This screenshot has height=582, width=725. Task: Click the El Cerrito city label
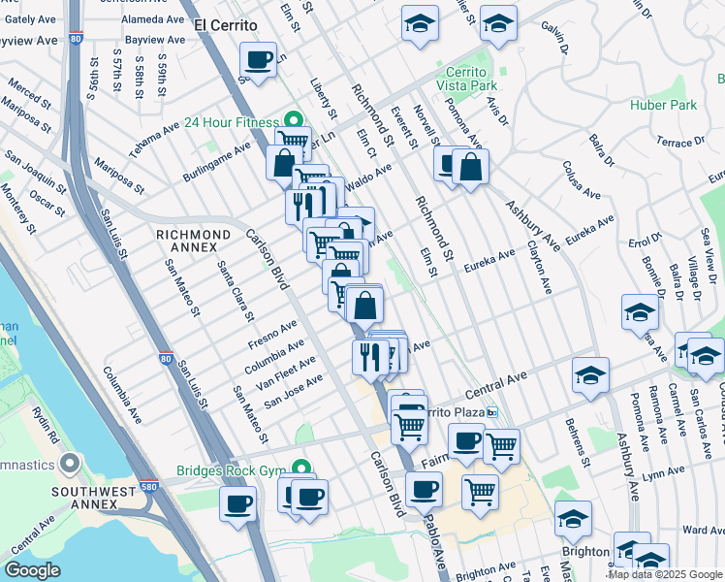[225, 24]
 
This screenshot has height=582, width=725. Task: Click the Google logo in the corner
[31, 570]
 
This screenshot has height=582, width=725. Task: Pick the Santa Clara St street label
[236, 291]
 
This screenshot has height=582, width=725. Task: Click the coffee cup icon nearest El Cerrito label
[258, 61]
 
